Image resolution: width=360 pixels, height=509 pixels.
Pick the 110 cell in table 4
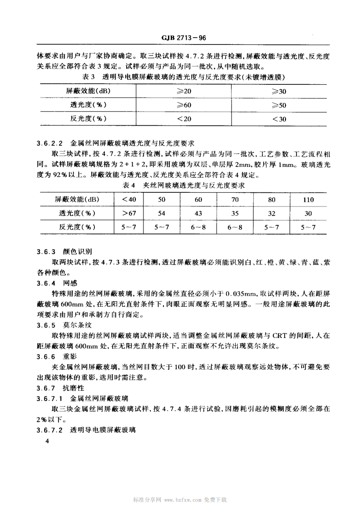tap(308, 200)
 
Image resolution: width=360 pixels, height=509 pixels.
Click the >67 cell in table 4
tap(129, 213)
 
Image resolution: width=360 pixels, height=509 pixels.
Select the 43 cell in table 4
tap(198, 213)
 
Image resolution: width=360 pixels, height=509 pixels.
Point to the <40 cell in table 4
tap(129, 200)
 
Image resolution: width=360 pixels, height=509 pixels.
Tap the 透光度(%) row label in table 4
tap(76, 213)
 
